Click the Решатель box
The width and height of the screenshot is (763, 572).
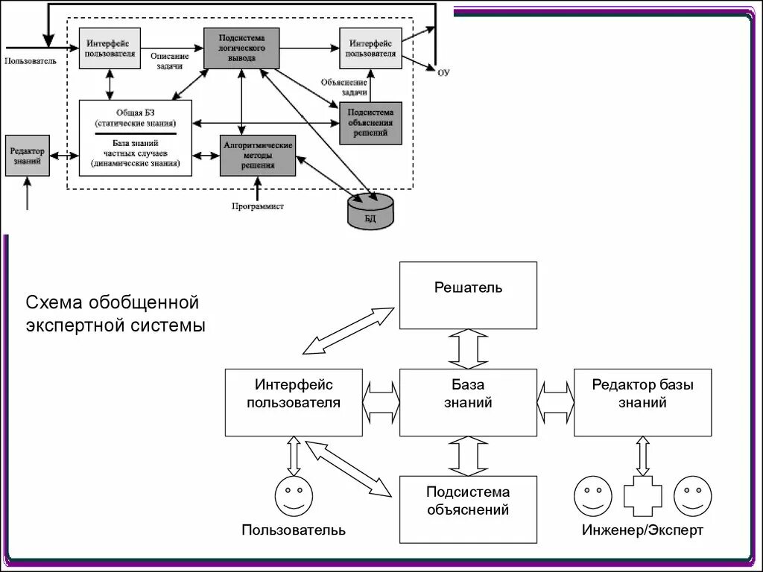coord(468,295)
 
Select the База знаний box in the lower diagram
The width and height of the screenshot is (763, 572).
coord(468,402)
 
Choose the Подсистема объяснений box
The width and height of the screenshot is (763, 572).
coord(468,509)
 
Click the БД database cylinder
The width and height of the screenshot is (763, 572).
coord(371,210)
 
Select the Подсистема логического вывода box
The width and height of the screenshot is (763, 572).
coord(241,48)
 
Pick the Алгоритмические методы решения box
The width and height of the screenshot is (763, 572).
coord(257,155)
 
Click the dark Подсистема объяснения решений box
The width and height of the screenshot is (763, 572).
coord(370,123)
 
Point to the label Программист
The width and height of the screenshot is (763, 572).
coord(257,206)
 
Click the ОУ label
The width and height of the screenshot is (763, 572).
coord(444,72)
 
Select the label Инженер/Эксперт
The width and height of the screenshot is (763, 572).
coord(642,530)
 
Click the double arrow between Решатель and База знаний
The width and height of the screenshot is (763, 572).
coord(468,349)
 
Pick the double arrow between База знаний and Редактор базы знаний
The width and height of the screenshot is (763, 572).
coord(555,402)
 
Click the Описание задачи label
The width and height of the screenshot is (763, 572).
coord(168,61)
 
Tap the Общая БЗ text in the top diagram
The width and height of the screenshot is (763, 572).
coord(135,112)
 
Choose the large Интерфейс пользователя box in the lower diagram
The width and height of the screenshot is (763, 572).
coord(294,402)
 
